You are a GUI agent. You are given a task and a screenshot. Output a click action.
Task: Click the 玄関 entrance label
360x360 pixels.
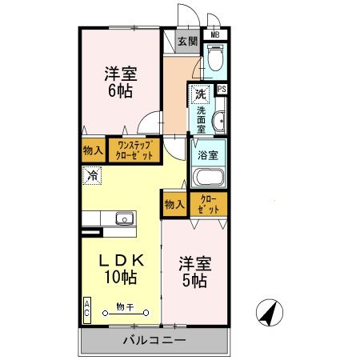tap(188, 42)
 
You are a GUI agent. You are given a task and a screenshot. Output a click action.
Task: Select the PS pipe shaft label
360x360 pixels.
tap(221, 90)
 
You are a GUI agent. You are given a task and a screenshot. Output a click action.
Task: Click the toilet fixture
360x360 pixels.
tap(214, 61)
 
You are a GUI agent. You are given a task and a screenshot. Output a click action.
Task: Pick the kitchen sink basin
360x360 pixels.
tap(124, 218)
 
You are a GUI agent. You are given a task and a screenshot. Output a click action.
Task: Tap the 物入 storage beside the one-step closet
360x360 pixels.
tap(93, 150)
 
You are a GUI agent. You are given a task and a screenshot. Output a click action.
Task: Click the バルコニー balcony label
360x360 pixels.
tap(154, 341)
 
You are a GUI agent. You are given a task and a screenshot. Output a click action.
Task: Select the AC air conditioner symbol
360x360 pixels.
tap(86, 308)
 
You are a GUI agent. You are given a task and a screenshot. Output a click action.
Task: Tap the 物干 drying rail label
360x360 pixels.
tap(123, 306)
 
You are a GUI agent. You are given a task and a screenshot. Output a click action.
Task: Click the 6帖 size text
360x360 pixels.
tap(121, 90)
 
